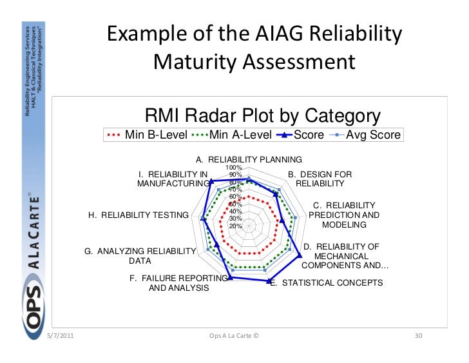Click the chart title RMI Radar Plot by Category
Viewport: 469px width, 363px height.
pos(263,116)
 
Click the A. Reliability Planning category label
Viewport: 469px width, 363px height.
pos(249,159)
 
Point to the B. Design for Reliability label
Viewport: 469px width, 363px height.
pos(320,179)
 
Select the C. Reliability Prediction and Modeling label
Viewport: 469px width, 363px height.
pos(344,215)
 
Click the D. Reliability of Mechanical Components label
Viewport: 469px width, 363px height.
pos(345,256)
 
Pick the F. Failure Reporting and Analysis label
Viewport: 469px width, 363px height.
pos(178,283)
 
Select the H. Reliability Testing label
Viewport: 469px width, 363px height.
pos(139,215)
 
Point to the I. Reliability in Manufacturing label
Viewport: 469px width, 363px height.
pos(174,179)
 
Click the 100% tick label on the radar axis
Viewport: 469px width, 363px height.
pos(235,168)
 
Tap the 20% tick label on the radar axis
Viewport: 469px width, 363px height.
pos(235,226)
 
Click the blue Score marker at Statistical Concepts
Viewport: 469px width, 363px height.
pos(269,281)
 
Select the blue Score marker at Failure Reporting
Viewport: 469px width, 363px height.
pos(231,278)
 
